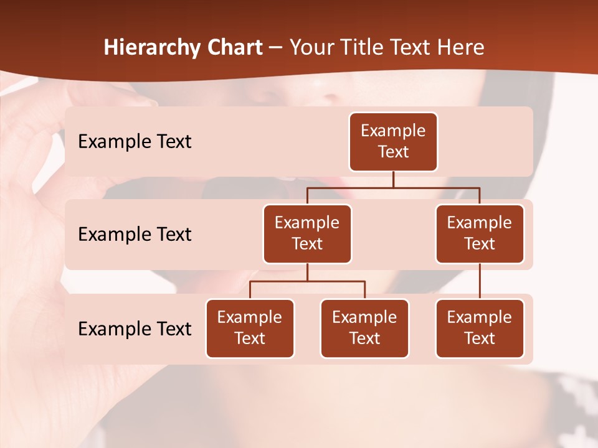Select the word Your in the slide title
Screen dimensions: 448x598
tap(310, 48)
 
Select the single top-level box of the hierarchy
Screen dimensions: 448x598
tap(393, 142)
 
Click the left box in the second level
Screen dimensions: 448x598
tap(307, 234)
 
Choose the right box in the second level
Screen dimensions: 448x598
tap(480, 234)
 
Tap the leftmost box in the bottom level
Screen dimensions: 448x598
tap(250, 329)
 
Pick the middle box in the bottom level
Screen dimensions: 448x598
tap(364, 329)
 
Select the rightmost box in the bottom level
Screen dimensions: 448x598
tap(480, 329)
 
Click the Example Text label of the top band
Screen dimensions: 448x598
tap(135, 142)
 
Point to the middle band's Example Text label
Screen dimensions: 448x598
tap(135, 235)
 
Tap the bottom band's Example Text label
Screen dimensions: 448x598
tap(135, 329)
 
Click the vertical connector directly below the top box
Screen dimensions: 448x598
tap(393, 179)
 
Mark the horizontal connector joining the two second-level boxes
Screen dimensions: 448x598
tap(393, 187)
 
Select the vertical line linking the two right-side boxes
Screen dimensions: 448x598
tap(480, 281)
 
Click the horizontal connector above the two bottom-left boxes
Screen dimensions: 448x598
tap(307, 281)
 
